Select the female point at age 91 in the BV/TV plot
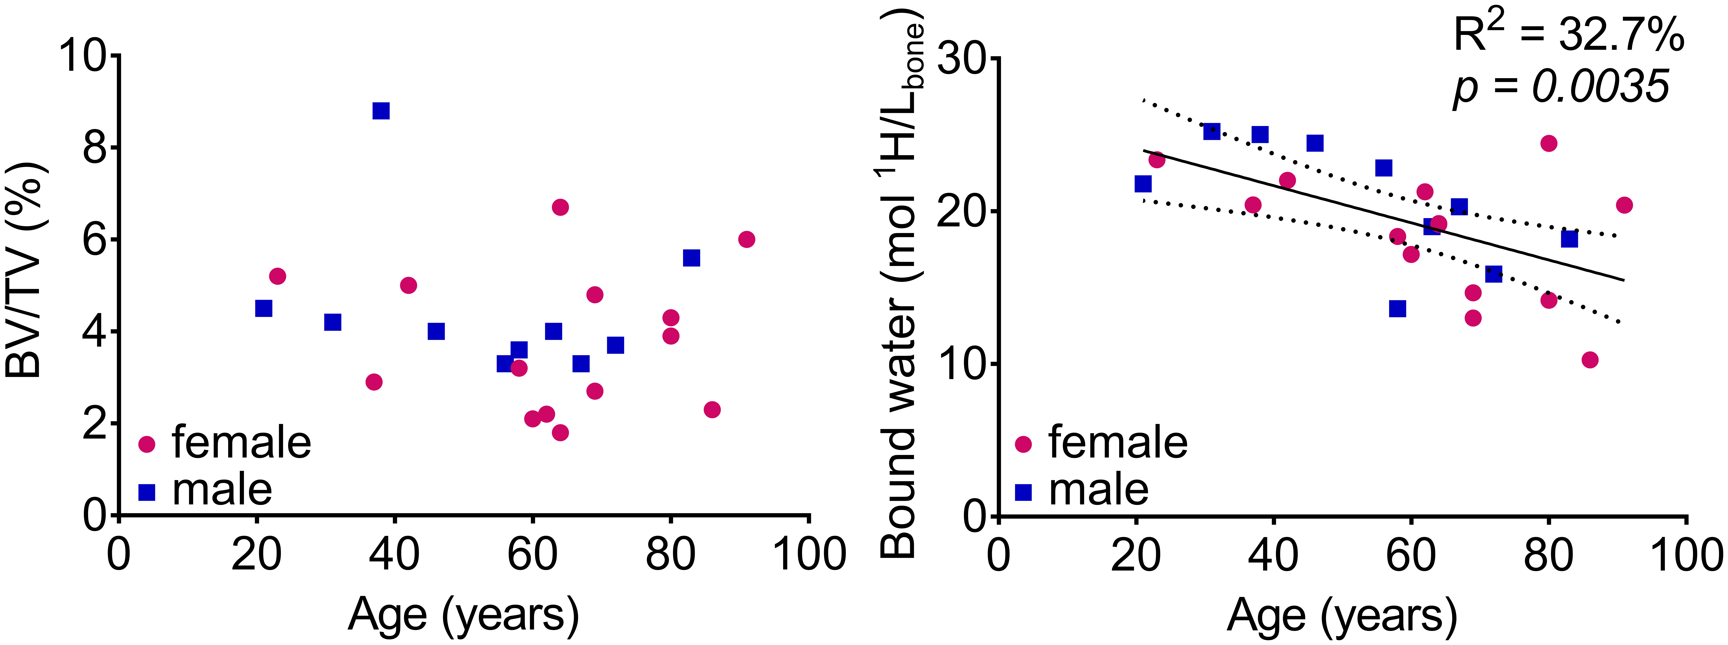pos(747,239)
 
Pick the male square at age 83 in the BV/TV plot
pos(692,258)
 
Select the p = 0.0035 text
pos(1560,87)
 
